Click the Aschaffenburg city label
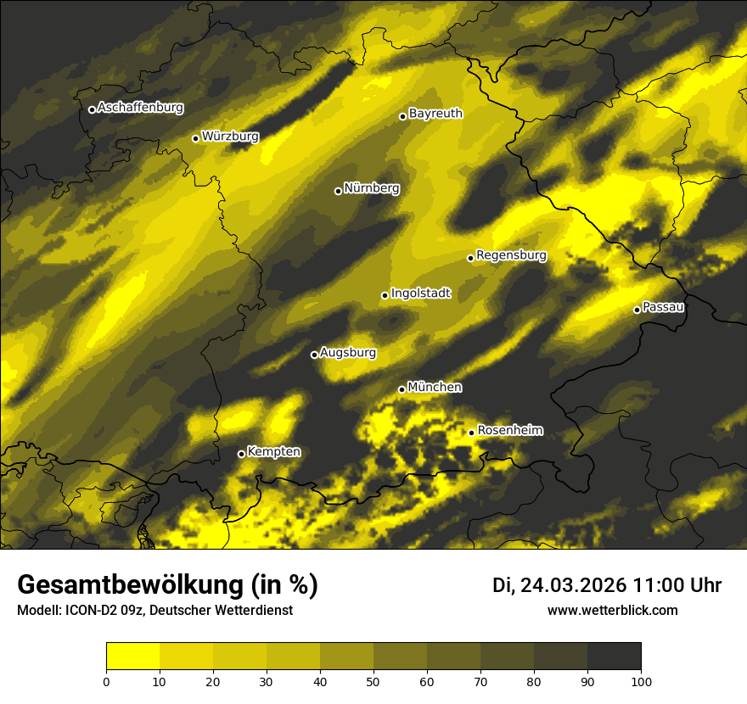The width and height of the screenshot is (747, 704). tap(140, 108)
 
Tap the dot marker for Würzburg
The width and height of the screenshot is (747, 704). tap(195, 138)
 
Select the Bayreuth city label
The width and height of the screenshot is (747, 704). tap(435, 114)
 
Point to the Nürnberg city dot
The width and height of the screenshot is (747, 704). tap(338, 191)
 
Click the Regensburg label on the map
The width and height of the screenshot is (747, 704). tap(511, 255)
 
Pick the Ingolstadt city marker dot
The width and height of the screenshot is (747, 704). tap(385, 295)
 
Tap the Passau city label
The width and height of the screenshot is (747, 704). tap(663, 307)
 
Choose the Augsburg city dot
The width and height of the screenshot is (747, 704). tap(314, 355)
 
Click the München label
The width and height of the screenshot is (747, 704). tap(435, 388)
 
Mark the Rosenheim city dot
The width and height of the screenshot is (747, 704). tap(471, 433)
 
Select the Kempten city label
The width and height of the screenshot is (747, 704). tap(273, 452)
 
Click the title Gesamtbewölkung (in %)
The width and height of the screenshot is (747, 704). tap(167, 585)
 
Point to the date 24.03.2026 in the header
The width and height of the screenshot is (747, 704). tap(573, 585)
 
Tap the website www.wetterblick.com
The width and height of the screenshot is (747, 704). tap(612, 610)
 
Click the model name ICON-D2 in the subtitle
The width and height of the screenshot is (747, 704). tap(88, 611)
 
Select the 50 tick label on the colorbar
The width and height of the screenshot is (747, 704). tap(373, 680)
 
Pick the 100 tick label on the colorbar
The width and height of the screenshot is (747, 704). tap(640, 680)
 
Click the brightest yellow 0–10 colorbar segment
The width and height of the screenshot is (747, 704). tap(133, 657)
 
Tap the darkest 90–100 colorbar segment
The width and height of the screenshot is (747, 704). tap(614, 657)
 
